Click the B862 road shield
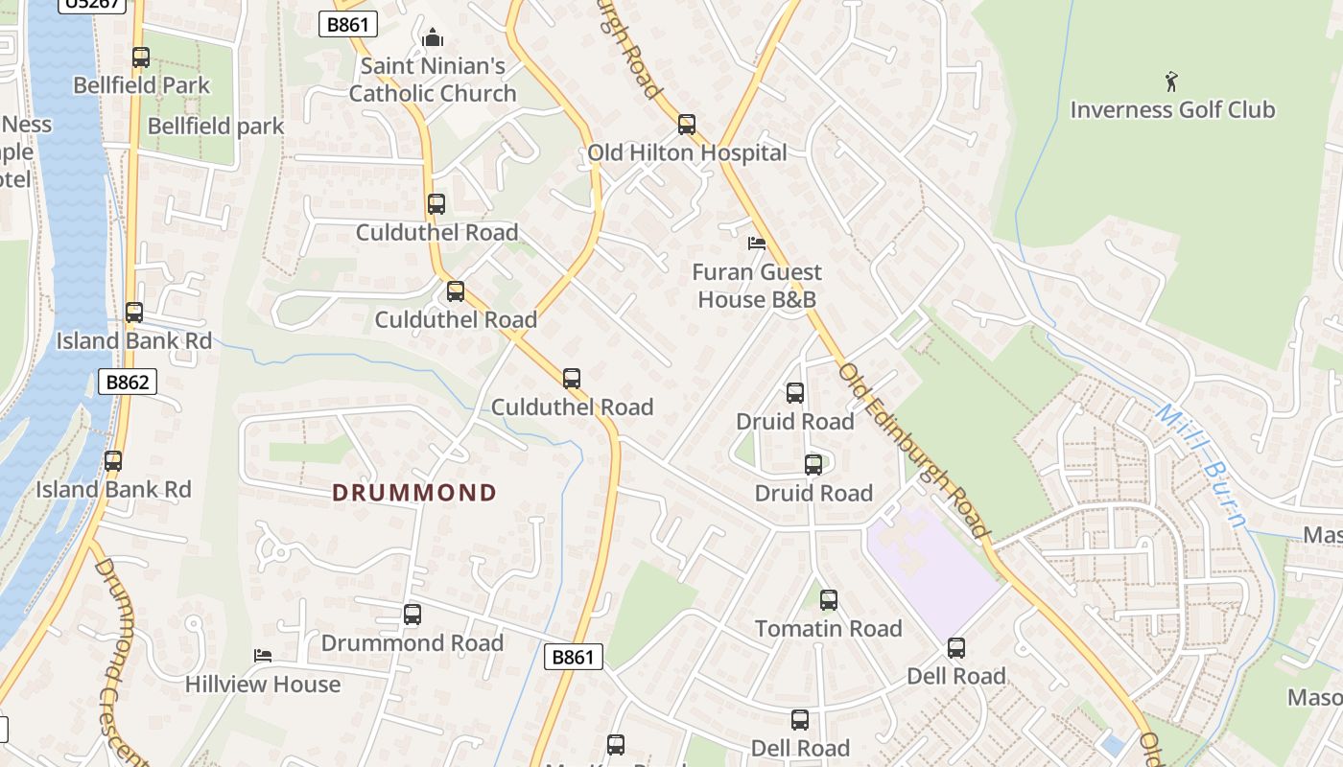[128, 383]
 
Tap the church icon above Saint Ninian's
[433, 38]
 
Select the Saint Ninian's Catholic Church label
[433, 81]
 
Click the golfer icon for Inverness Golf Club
[1171, 81]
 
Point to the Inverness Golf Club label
[1172, 109]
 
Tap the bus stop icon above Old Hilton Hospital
[686, 124]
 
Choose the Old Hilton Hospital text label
[687, 152]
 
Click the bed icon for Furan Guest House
[757, 244]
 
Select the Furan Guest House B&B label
[757, 286]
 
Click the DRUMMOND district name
[414, 493]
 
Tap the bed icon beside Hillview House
[263, 656]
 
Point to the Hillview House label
[263, 685]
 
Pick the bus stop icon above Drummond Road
[412, 615]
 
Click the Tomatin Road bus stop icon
[829, 600]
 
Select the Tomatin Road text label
[829, 629]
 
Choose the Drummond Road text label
[412, 642]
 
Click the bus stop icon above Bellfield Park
[141, 58]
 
